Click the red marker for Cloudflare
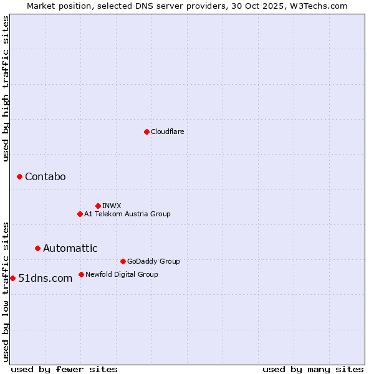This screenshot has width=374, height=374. coord(146,132)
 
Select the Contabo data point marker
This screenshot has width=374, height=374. coord(19,177)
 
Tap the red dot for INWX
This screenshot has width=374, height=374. coord(98,206)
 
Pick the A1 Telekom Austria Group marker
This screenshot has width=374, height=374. coord(80,214)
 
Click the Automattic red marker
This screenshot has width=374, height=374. coord(37,248)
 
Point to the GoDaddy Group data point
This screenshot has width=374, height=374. coord(123,261)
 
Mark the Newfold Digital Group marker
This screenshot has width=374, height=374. coord(81,274)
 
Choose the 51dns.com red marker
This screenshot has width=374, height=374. coord(12,278)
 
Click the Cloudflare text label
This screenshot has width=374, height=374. coord(167,132)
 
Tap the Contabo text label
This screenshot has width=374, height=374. coord(45,177)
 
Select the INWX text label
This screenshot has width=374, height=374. coord(112,206)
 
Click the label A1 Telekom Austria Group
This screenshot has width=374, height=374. coord(127,214)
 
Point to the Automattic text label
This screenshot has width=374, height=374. coord(70,248)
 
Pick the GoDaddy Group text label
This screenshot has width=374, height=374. coord(153,261)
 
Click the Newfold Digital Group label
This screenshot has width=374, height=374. coord(122,274)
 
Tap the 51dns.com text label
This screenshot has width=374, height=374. coord(45,278)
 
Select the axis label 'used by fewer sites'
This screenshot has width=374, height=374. coord(64,369)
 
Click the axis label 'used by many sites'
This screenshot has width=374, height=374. coord(313,369)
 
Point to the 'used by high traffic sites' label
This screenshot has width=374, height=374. coord(6,89)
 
